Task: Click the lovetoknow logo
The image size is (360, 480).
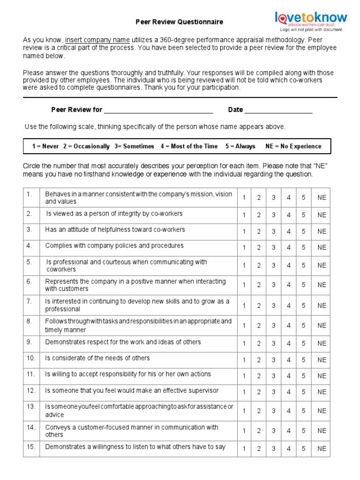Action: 311,18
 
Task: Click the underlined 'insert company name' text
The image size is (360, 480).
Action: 97,40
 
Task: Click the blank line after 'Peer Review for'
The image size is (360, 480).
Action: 158,110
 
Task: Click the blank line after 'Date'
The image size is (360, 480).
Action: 278,110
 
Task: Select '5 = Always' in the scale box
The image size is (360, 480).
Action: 240,146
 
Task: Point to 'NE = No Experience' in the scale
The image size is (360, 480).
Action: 293,146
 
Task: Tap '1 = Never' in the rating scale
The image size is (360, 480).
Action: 45,146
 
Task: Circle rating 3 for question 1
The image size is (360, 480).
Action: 273,198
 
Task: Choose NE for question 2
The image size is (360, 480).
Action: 321,215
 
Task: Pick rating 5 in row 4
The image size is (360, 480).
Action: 303,247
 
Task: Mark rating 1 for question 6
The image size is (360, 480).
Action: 244,285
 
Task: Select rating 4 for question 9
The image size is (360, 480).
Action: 289,344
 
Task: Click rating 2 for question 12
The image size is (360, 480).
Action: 259,392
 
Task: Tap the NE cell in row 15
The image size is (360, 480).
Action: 321,449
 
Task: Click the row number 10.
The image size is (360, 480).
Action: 31,358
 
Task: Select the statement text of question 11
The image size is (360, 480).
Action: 128,374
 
